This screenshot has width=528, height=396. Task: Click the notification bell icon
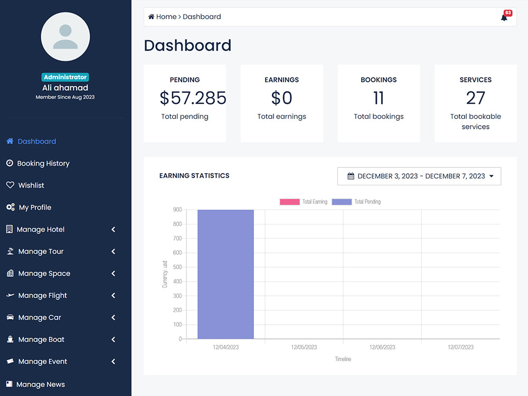coord(504,17)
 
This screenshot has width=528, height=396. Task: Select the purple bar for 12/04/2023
coord(225,274)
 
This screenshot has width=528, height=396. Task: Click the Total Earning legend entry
coord(304,202)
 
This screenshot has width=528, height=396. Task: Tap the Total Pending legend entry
coord(356,202)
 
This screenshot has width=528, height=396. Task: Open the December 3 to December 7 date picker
coord(419,176)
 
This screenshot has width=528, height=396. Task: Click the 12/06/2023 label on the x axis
coord(382,347)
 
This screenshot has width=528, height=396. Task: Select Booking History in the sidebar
coord(43,164)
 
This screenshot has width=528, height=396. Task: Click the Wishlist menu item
coord(31,185)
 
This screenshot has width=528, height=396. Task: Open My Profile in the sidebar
coord(35,208)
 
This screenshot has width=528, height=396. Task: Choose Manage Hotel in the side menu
coord(41,230)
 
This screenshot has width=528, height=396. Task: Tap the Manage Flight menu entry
coord(42,296)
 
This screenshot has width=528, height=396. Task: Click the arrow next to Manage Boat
coord(113,340)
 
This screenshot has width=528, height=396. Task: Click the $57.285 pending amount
coord(193,98)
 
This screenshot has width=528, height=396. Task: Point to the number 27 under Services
coord(475,98)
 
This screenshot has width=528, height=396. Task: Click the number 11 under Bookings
coord(379,98)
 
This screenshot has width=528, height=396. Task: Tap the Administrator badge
coord(65,77)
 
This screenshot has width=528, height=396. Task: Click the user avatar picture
coord(65,37)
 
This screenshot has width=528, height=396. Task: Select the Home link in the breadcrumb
coord(166,17)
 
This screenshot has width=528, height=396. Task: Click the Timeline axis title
coord(343,359)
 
